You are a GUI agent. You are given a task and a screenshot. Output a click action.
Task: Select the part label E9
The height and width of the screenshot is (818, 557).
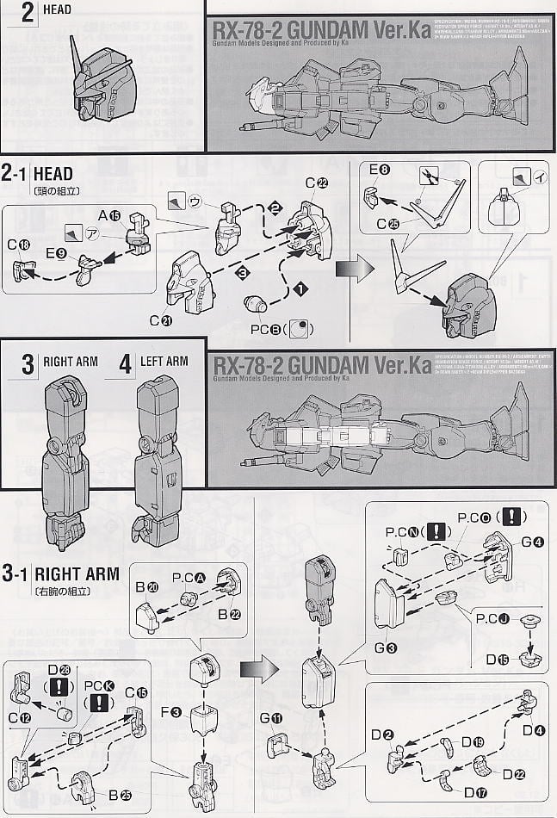click(x=57, y=253)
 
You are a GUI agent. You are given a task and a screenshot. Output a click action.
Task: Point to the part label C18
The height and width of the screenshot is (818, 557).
click(x=18, y=245)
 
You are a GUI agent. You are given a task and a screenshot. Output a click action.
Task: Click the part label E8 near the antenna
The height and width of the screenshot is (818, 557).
click(x=379, y=170)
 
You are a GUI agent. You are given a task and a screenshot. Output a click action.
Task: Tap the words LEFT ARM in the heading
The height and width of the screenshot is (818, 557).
click(x=164, y=361)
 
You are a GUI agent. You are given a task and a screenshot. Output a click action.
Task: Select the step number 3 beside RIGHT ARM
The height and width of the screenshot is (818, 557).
click(x=28, y=363)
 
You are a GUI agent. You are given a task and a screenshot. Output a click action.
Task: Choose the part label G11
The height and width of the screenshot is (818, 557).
click(x=271, y=718)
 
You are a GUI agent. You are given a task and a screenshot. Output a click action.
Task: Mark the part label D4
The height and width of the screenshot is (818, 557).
click(x=534, y=731)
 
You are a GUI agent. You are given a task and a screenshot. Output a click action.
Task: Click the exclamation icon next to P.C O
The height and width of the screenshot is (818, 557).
click(x=512, y=518)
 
